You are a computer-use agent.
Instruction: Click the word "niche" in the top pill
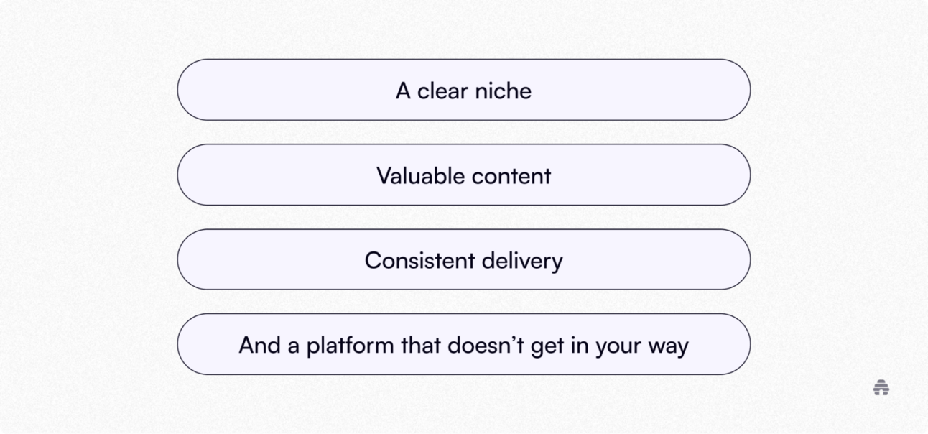coord(503,91)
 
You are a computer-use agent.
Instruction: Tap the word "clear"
coord(442,91)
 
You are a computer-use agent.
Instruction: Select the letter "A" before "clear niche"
coord(403,91)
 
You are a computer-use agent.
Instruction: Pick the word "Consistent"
coord(419,260)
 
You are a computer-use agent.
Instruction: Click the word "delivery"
coord(522,261)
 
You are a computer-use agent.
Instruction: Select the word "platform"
coord(351,346)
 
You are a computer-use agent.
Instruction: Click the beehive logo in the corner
coord(881,387)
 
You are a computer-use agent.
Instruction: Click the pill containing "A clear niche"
coord(464,90)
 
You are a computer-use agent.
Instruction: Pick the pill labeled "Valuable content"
coord(464,175)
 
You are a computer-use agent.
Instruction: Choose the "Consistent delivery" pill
coord(464,259)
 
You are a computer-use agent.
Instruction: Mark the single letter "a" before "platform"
coord(293,346)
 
